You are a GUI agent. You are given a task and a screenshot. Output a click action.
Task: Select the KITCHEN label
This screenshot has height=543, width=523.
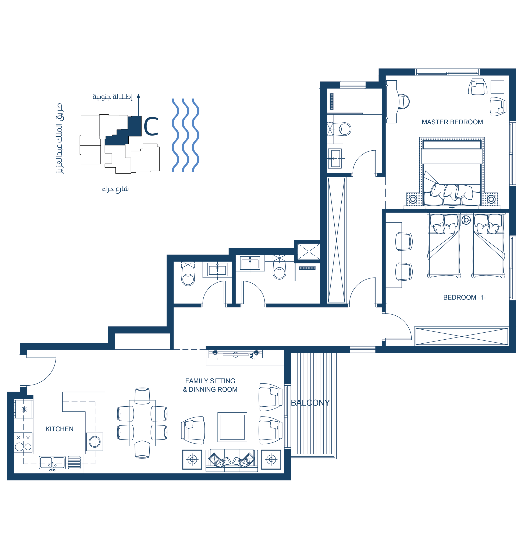60,429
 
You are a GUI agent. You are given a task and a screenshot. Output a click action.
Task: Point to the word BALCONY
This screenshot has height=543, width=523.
310,403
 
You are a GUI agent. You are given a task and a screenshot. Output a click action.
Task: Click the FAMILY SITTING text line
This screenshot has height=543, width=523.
210,381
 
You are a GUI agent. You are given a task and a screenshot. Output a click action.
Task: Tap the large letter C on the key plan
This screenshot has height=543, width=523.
151,126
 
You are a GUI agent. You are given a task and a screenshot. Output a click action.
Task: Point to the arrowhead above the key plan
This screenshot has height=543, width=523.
139,96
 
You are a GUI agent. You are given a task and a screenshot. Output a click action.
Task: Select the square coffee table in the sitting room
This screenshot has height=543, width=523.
232,427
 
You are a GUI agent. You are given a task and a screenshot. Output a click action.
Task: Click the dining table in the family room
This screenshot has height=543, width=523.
142,423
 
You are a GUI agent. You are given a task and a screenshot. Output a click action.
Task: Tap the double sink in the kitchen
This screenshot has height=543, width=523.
52,463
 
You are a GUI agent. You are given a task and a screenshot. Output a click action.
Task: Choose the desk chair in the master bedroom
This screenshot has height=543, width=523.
403,102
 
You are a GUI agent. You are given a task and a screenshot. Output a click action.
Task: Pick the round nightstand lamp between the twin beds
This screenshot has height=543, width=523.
466,220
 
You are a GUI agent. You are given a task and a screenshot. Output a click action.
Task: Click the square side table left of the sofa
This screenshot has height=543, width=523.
192,460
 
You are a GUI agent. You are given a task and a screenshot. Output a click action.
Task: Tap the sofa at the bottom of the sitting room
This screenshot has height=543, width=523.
232,460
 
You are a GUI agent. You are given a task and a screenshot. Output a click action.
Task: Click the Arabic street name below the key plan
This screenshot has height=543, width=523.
115,189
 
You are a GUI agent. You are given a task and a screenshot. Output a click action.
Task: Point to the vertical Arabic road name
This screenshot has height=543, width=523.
59,139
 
